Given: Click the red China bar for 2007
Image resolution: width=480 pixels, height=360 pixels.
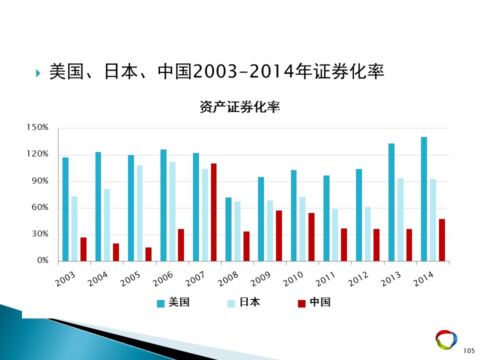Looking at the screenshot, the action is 213,212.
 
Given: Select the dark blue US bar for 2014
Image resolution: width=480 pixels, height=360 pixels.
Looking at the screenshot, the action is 424,199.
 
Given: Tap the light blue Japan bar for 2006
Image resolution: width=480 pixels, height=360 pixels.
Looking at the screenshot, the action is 172,211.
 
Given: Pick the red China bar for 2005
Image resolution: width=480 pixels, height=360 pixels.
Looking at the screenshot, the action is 148,254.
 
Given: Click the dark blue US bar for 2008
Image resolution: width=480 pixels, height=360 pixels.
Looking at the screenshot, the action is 228,229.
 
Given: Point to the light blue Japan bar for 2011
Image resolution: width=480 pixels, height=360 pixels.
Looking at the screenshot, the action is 335,235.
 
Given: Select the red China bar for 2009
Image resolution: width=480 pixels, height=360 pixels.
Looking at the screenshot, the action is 279,235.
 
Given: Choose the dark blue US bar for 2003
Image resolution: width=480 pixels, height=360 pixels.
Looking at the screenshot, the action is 65,209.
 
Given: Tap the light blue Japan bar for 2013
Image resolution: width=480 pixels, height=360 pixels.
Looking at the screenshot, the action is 400,220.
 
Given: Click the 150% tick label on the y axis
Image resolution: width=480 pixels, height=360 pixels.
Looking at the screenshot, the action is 37,127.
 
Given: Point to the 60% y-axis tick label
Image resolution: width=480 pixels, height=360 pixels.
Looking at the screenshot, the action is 40,207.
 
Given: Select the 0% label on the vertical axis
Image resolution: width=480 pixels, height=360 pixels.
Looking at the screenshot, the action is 43,260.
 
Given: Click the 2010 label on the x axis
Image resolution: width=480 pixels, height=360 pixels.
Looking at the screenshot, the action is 293,279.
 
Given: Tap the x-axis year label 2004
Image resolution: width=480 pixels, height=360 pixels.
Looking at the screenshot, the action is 97,279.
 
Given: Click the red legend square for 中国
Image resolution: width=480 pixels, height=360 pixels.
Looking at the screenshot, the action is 302,303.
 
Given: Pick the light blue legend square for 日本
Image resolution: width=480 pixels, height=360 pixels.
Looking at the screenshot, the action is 231,303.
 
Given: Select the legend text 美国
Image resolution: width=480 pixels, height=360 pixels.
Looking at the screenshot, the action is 179,302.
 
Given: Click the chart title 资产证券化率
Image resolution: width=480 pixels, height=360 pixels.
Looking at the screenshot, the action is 239,107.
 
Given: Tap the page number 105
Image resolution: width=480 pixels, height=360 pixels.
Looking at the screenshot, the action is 469,351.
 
